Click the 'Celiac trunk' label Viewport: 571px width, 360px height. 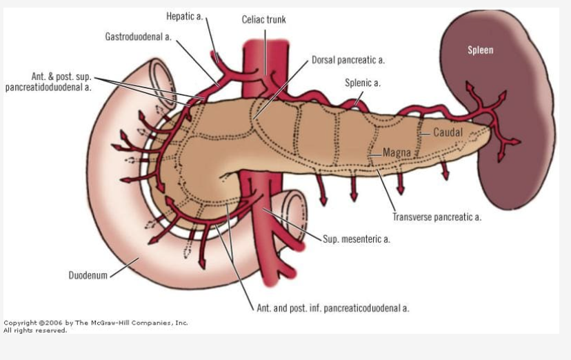(x=263, y=19)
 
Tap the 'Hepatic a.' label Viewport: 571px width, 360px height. (x=185, y=16)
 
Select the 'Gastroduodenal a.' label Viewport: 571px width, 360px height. (x=138, y=36)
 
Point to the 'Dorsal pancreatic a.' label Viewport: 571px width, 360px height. (x=348, y=60)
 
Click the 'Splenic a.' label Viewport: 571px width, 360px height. (x=363, y=83)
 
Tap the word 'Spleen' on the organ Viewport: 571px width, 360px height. (x=481, y=50)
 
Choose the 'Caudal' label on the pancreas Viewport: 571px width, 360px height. (x=448, y=132)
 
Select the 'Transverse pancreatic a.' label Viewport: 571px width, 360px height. (x=437, y=217)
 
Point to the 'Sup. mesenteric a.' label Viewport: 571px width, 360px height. (x=357, y=239)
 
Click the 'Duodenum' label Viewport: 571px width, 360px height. (x=88, y=276)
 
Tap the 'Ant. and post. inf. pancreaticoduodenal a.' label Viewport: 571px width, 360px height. (x=333, y=308)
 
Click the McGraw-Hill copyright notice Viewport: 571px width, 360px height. (x=96, y=326)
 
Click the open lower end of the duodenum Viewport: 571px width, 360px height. (x=297, y=210)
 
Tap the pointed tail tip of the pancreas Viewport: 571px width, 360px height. (x=490, y=127)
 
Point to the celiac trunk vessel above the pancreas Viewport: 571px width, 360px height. (x=266, y=62)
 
